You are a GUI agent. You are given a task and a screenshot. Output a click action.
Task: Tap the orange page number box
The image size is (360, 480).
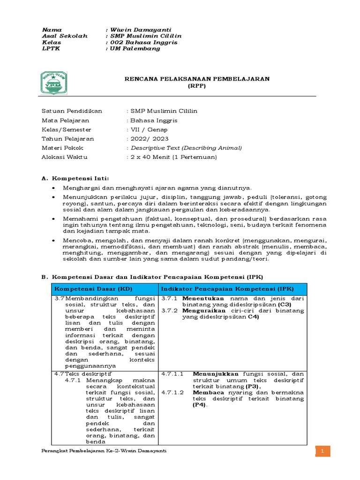click(322, 450)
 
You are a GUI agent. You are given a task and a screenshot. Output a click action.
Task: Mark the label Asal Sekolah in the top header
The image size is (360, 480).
click(58, 36)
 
